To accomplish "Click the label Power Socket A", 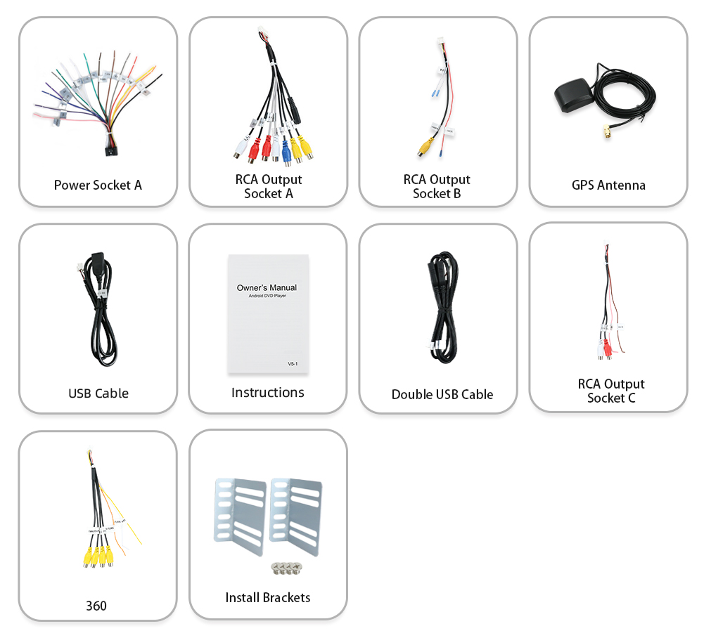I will click(98, 185).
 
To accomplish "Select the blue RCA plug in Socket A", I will click(286, 149).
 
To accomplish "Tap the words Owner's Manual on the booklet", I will click(267, 287).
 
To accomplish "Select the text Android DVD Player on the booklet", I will click(267, 296).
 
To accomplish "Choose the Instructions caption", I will click(267, 393).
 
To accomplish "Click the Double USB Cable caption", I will click(442, 395).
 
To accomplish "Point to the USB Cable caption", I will click(98, 393).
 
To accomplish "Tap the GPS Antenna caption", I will click(608, 185).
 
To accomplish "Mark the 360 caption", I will click(96, 606).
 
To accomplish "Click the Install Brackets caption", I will click(267, 598).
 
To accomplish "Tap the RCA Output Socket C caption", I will click(610, 391).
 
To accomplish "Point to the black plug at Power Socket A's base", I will click(109, 150).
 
